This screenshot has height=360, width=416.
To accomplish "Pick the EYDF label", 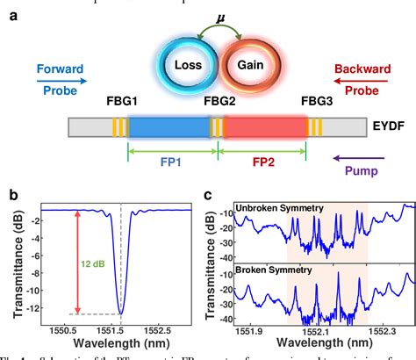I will coord(389,129).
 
